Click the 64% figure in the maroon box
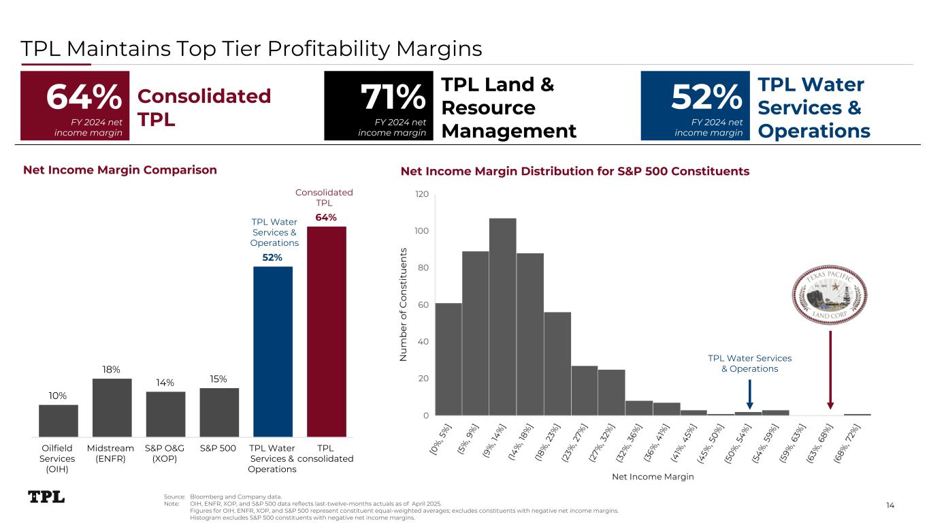pyautogui.click(x=84, y=98)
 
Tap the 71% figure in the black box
pyautogui.click(x=392, y=98)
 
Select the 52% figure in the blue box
pyautogui.click(x=706, y=98)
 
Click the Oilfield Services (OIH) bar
pyautogui.click(x=59, y=420)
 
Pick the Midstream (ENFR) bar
pyautogui.click(x=112, y=407)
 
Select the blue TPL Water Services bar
pyautogui.click(x=273, y=351)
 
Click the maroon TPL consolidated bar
pyautogui.click(x=327, y=331)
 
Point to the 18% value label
pyautogui.click(x=112, y=370)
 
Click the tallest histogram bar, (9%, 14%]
pyautogui.click(x=503, y=317)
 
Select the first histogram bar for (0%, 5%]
pyautogui.click(x=449, y=359)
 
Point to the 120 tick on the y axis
pyautogui.click(x=421, y=195)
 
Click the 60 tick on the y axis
pyautogui.click(x=423, y=304)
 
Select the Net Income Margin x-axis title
pyautogui.click(x=653, y=477)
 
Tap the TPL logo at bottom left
pyautogui.click(x=46, y=497)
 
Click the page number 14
pyautogui.click(x=891, y=505)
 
